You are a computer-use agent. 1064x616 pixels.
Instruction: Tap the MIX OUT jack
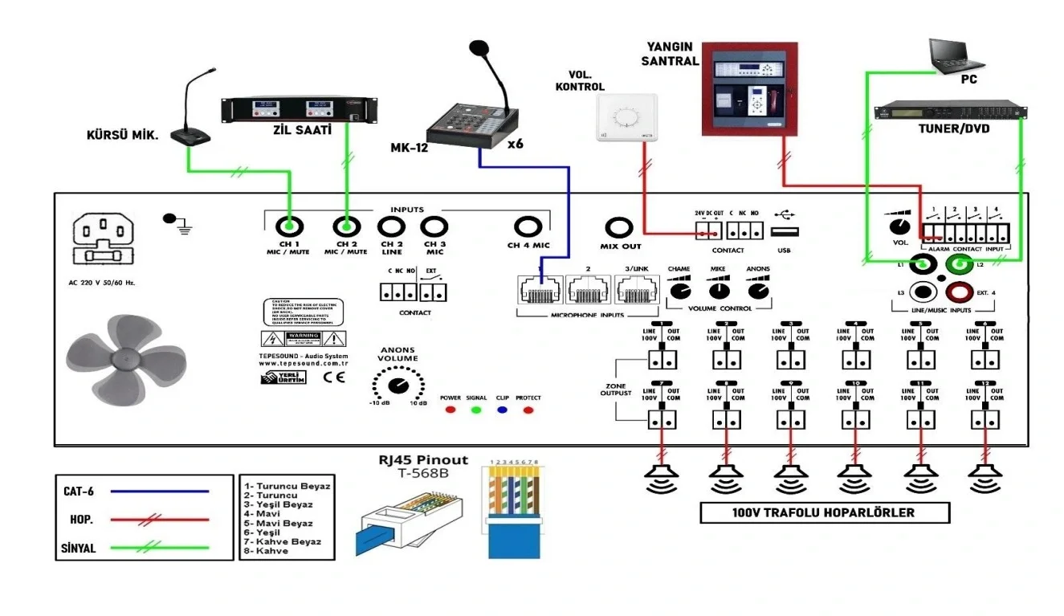click(x=619, y=228)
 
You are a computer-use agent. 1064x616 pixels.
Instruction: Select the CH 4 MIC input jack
click(x=528, y=227)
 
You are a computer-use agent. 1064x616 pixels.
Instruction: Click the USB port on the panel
click(x=785, y=232)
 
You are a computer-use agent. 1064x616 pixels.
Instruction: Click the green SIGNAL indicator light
click(x=476, y=410)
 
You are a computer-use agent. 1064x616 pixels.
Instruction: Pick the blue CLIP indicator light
click(x=502, y=410)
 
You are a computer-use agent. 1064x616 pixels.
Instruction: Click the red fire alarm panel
click(x=751, y=88)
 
